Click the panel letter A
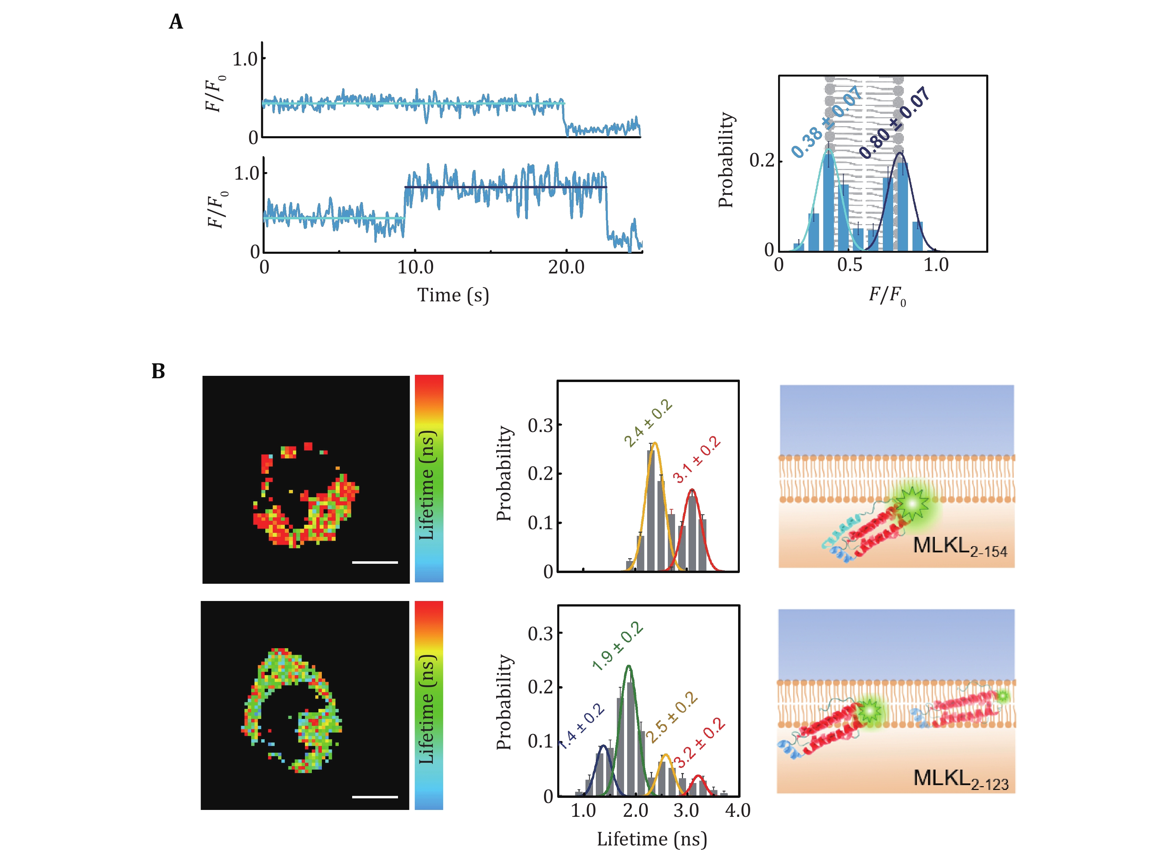click(176, 22)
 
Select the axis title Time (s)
click(452, 295)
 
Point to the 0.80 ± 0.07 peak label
click(895, 123)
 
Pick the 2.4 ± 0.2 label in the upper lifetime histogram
click(648, 423)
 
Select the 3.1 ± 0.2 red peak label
click(696, 459)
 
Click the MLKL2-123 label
click(960, 779)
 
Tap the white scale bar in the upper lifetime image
click(375, 562)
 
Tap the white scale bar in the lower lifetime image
click(375, 796)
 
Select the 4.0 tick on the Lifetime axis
click(737, 810)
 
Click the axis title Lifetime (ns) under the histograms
click(652, 839)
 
